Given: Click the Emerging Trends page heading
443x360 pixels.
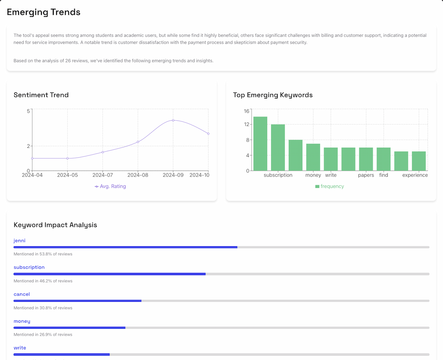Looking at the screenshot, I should tap(43, 12).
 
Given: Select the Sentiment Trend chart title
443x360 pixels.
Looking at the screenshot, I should tap(41, 95).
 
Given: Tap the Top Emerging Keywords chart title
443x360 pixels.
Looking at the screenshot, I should tap(273, 95).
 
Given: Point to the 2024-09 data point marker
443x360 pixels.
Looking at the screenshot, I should tap(173, 120).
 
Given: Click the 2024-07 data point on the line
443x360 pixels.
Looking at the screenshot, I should tap(103, 152).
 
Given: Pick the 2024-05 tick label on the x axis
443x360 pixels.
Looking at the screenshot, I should tap(67, 175).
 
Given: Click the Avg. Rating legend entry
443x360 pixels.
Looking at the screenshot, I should tap(110, 186).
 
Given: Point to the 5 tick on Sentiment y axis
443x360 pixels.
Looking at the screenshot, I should tap(28, 111).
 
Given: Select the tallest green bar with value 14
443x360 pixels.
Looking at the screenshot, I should tap(260, 144).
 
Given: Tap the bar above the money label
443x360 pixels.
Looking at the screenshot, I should tap(313, 157).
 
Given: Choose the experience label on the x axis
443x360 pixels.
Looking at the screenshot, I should tap(415, 175).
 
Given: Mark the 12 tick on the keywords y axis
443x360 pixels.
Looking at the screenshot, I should tap(247, 124).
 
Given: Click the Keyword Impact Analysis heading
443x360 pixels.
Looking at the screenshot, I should tap(55, 225).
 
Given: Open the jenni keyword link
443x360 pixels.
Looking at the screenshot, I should tap(19, 241).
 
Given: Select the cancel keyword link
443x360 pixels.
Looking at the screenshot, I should tap(22, 294).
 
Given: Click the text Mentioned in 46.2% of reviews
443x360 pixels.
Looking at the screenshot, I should tap(43, 281).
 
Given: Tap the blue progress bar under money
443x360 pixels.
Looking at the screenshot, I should tap(69, 328).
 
